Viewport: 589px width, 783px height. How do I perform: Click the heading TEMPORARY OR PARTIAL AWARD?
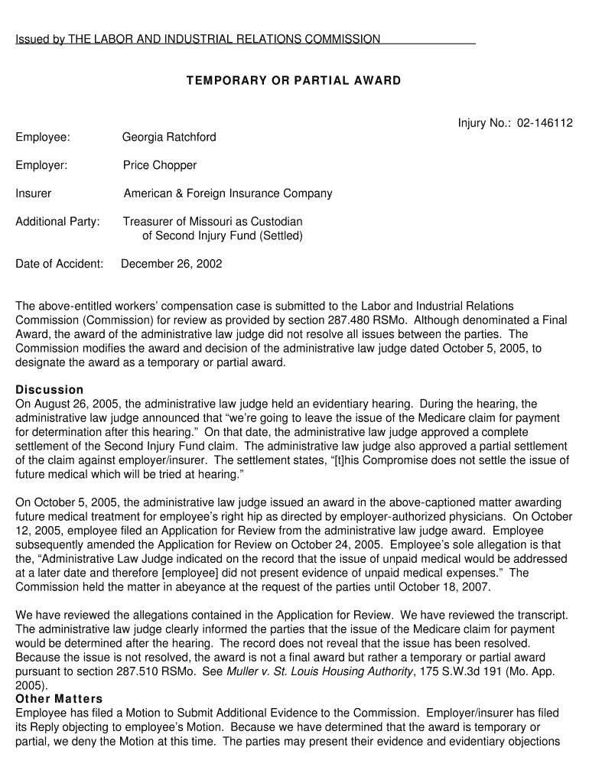click(293, 80)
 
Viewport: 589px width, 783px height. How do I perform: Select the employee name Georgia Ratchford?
click(169, 137)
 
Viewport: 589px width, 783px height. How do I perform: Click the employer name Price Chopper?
click(160, 165)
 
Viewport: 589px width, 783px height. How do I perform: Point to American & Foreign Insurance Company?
click(228, 193)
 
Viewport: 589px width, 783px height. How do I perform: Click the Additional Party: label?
click(57, 222)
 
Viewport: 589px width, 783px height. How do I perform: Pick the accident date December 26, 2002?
click(171, 264)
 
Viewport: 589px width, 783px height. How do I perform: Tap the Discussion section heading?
click(50, 390)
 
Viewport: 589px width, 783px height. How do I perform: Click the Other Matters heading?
click(59, 699)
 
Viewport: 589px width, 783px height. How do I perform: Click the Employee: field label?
click(43, 137)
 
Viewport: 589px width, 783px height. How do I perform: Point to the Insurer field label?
click(34, 193)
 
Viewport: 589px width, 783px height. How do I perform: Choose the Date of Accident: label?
click(59, 264)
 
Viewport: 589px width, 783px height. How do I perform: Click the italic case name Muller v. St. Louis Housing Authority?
click(321, 671)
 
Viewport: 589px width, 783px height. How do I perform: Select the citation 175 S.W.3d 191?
click(460, 671)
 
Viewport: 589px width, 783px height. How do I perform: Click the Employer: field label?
click(41, 165)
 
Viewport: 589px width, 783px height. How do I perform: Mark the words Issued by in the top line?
click(40, 39)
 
